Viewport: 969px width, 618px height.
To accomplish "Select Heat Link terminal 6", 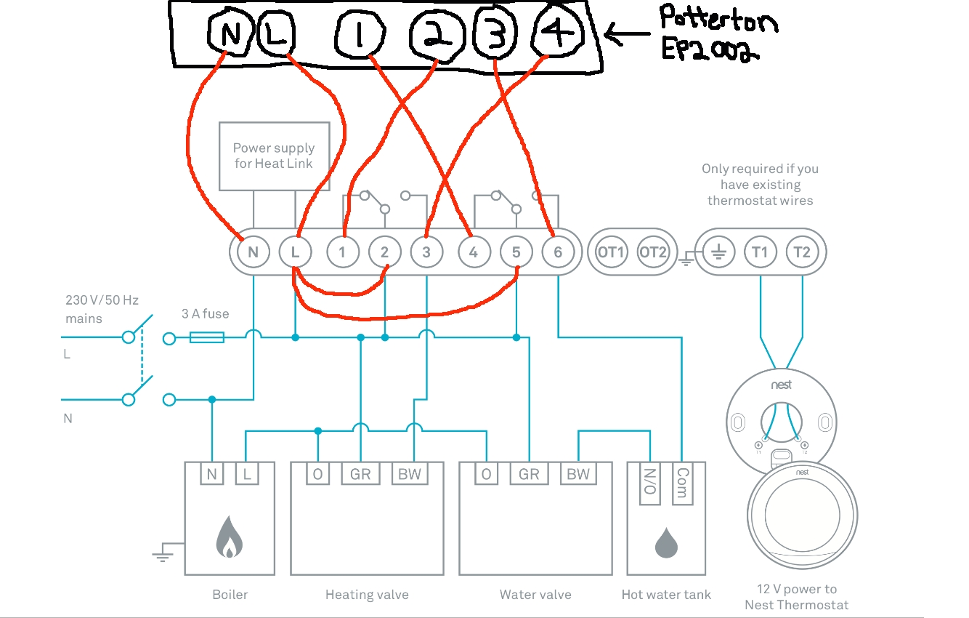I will [557, 252].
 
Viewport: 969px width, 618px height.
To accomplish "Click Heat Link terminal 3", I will [426, 252].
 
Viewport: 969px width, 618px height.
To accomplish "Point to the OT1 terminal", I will [611, 252].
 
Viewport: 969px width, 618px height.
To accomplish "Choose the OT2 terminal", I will [652, 252].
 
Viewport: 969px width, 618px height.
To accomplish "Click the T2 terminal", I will [801, 252].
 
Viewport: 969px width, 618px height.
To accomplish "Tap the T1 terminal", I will [760, 252].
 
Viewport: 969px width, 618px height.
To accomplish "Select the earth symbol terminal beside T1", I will [718, 252].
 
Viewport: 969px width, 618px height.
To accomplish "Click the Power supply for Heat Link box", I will [274, 156].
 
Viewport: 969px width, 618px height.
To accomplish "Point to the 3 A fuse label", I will [205, 314].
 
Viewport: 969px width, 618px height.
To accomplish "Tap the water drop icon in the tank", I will [666, 543].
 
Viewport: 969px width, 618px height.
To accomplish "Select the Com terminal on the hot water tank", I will [681, 482].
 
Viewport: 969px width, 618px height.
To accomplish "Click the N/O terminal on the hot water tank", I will [649, 482].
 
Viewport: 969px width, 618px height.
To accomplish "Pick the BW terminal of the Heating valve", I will [410, 475].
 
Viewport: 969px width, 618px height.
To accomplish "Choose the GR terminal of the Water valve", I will [528, 475].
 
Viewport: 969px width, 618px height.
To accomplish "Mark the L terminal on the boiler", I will [247, 475].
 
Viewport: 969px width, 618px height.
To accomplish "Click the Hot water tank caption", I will [666, 595].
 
